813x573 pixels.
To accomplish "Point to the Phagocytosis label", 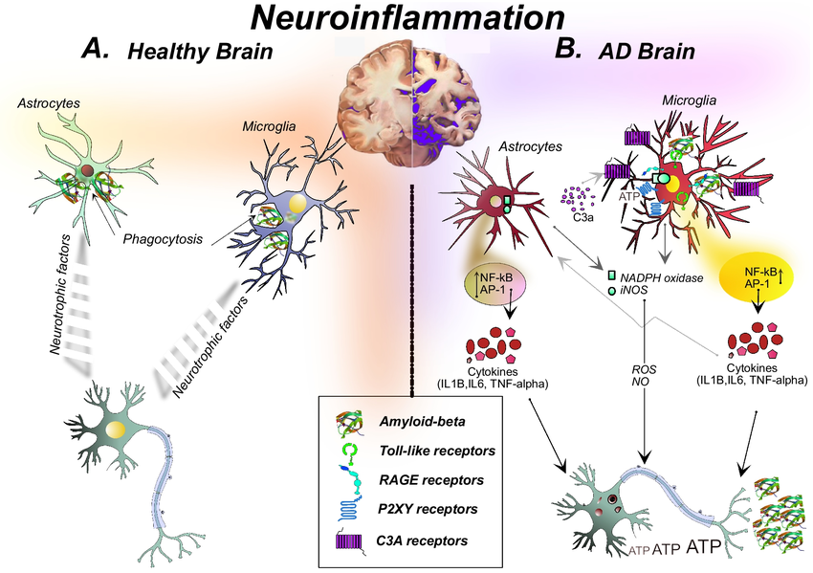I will pyautogui.click(x=162, y=239).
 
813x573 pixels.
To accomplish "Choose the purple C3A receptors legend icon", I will pyautogui.click(x=349, y=541).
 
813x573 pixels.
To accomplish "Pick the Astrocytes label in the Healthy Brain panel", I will pyautogui.click(x=48, y=99).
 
